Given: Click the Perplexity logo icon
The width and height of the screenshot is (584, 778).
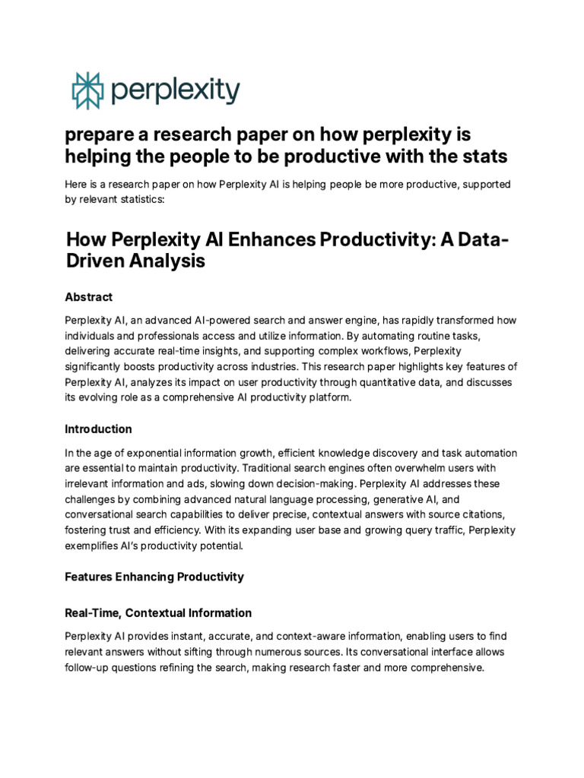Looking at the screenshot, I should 86,91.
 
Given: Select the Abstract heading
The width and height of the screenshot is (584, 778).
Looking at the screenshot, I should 89,297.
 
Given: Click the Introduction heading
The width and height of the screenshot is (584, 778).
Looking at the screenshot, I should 98,429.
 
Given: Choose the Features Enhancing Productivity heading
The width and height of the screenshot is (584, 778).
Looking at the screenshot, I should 154,577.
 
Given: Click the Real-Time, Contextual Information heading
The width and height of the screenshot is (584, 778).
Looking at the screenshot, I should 158,612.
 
